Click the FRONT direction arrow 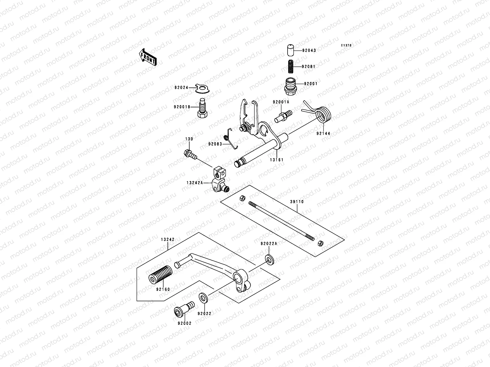[x=148, y=57]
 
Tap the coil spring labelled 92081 [x=291, y=67]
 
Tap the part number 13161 [x=277, y=160]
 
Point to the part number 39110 [x=297, y=202]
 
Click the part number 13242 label [x=168, y=240]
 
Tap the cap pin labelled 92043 [x=290, y=50]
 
